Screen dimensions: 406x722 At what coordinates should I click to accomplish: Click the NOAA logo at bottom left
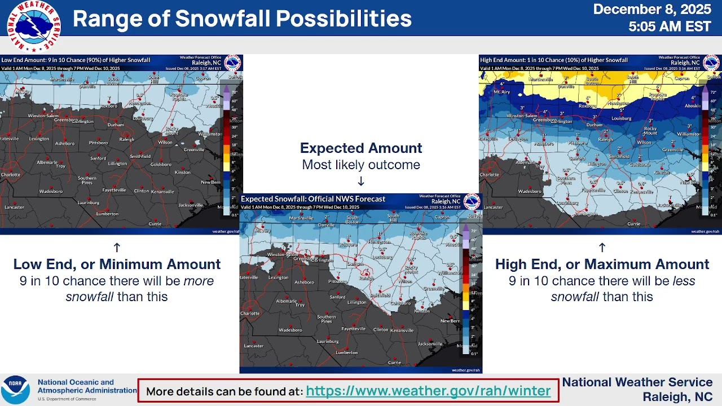15,390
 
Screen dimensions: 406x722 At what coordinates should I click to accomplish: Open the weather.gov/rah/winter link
428,391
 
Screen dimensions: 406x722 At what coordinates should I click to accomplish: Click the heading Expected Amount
361,148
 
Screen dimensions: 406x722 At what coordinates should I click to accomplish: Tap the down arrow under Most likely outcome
361,181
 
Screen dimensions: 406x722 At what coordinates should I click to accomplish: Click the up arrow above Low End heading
117,247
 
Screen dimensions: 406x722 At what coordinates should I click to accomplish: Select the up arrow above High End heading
602,247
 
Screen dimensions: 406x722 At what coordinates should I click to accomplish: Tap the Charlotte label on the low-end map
11,175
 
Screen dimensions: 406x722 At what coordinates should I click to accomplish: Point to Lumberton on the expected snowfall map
346,352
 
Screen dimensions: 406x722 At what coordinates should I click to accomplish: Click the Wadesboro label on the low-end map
51,192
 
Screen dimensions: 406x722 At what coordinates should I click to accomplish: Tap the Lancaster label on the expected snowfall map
254,346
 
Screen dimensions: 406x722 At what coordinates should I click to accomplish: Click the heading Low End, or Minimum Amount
117,264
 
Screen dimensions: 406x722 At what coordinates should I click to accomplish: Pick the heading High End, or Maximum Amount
602,264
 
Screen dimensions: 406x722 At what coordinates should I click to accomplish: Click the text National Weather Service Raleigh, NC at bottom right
637,389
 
